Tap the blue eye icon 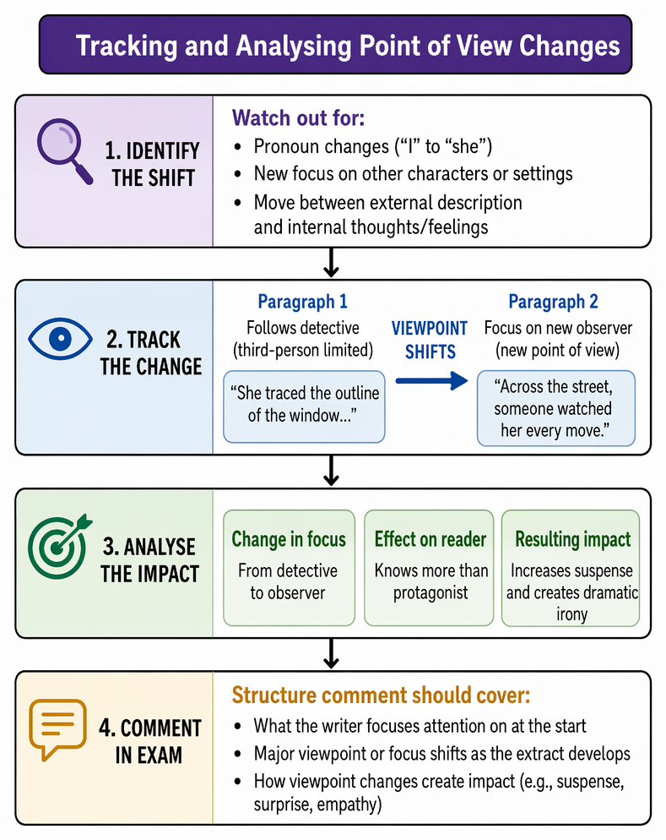(60, 339)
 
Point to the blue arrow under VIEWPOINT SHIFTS (431, 381)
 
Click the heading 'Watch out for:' (298, 117)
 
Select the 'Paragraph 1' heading (302, 302)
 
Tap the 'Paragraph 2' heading (553, 302)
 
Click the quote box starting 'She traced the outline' (304, 406)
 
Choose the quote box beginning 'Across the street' (555, 408)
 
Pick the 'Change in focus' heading (289, 539)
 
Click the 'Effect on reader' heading (430, 539)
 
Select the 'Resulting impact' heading (573, 539)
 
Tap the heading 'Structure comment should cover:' (381, 695)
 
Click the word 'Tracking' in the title (127, 46)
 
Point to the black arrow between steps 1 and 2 (331, 263)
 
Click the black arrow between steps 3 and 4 (331, 653)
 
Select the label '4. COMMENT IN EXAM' (149, 741)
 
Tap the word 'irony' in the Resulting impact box (571, 614)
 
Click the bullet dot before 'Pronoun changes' (238, 147)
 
